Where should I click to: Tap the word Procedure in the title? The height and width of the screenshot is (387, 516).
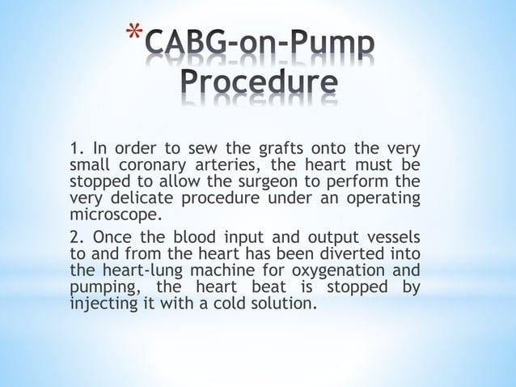tap(258, 83)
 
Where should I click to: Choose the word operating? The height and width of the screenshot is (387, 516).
tap(382, 198)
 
